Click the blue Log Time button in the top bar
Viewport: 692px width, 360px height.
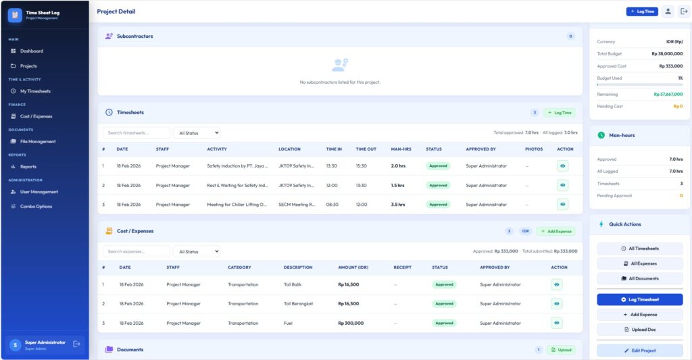641,11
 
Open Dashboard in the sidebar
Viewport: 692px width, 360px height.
31,51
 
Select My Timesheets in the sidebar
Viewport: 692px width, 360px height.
35,91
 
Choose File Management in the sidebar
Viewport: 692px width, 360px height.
38,141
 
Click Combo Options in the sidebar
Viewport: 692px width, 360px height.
36,207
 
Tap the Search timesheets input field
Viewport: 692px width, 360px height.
137,133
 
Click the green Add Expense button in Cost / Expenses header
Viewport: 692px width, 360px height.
556,231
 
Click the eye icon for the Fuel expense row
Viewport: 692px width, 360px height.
557,323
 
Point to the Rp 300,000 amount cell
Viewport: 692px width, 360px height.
351,323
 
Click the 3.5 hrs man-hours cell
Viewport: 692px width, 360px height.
398,204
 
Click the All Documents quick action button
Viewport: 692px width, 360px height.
639,278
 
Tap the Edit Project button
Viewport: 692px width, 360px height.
639,351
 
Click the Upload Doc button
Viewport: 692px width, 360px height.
639,330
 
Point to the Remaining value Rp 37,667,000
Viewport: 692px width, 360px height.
668,95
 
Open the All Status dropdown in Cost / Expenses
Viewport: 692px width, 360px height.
197,251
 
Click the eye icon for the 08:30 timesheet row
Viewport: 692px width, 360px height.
562,204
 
